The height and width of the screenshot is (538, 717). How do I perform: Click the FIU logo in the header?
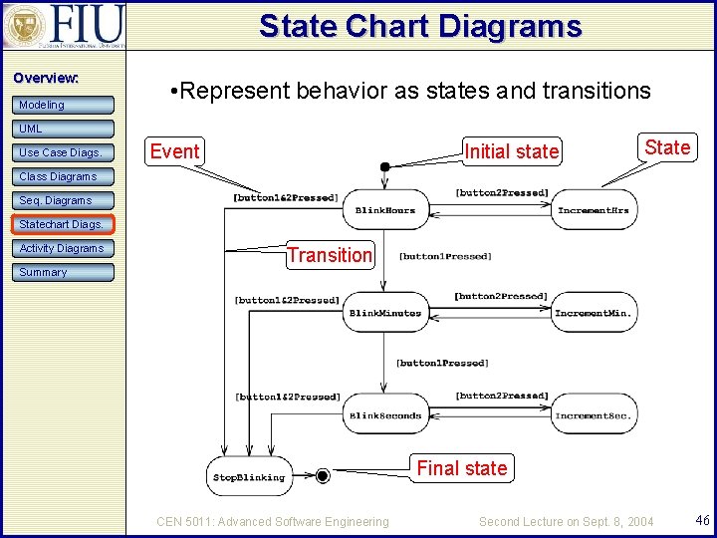(64, 26)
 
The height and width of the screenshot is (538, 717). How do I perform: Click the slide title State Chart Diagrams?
(419, 26)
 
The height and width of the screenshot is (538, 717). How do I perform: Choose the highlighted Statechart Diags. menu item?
(63, 224)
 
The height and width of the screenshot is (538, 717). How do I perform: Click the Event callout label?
(174, 151)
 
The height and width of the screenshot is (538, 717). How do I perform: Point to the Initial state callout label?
(512, 151)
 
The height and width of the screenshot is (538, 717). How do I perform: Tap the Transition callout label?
(330, 255)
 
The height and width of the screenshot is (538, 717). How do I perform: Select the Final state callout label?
(461, 468)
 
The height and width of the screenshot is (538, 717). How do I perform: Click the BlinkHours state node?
(385, 210)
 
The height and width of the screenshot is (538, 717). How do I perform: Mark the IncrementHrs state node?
(595, 210)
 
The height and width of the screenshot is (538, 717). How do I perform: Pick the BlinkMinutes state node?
(385, 313)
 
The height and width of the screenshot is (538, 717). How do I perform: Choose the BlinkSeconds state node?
(385, 415)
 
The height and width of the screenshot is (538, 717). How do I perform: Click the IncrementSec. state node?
(595, 415)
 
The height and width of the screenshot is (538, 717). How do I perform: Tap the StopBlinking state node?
(248, 477)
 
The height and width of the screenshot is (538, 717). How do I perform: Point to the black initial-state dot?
(384, 166)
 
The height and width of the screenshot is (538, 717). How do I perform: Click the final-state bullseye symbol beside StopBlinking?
(322, 476)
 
